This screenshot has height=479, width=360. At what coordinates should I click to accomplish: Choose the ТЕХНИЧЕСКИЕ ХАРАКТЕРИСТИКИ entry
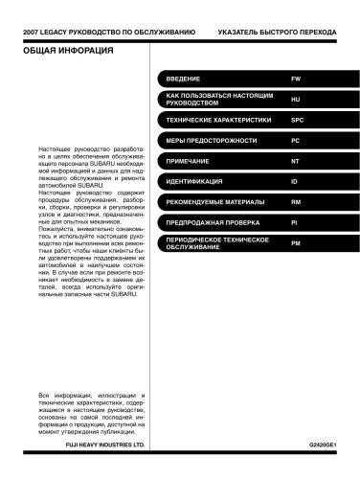coord(214,122)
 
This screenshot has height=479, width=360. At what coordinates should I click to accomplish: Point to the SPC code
coord(297,122)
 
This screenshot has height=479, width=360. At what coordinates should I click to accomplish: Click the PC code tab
coord(295,141)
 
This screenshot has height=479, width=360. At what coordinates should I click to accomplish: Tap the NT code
coord(295,161)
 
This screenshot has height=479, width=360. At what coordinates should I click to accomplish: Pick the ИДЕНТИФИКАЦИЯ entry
coord(194,181)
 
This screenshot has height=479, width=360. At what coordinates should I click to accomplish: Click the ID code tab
coord(294,181)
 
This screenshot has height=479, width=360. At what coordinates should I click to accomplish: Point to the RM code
coord(295,201)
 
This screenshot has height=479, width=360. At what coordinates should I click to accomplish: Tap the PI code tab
coord(294,221)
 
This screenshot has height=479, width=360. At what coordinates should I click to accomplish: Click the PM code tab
coord(295,243)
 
